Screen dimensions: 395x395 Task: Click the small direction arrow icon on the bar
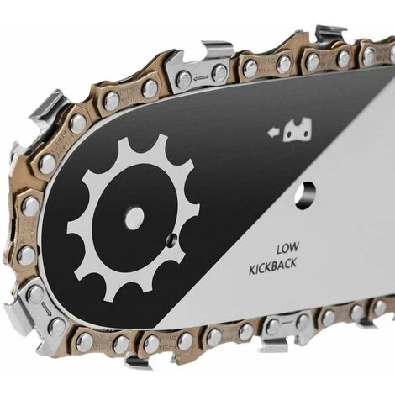pos(272,132)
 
